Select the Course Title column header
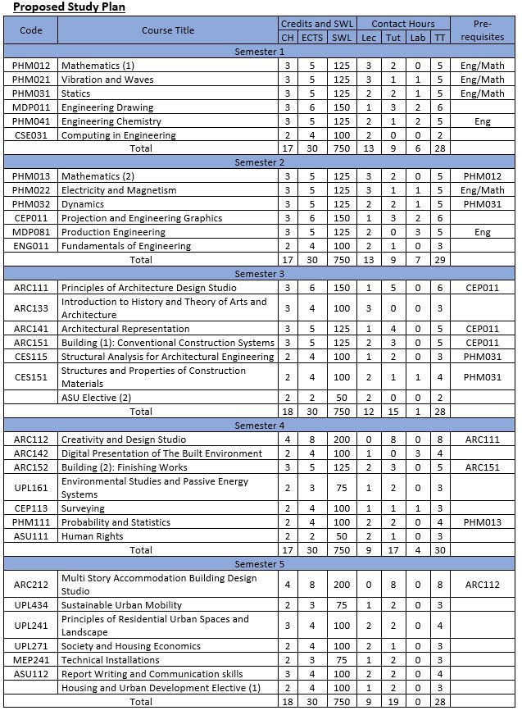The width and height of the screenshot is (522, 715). click(168, 30)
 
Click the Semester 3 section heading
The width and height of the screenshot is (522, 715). click(260, 274)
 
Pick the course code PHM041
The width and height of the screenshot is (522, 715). click(30, 121)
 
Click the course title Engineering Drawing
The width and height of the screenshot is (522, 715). click(107, 107)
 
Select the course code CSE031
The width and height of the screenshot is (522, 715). click(30, 135)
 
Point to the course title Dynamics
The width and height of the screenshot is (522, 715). click(83, 204)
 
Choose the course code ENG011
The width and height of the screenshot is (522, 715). click(30, 246)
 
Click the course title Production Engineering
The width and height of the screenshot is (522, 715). click(113, 232)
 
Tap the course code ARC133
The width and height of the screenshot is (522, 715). click(30, 308)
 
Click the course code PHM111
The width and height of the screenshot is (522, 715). click(30, 522)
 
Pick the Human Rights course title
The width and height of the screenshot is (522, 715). click(93, 536)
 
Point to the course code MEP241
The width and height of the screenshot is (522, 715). click(30, 660)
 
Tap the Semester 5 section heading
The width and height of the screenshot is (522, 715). click(260, 564)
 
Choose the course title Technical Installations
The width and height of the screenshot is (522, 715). click(111, 660)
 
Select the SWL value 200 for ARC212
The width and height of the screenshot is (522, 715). click(342, 585)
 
